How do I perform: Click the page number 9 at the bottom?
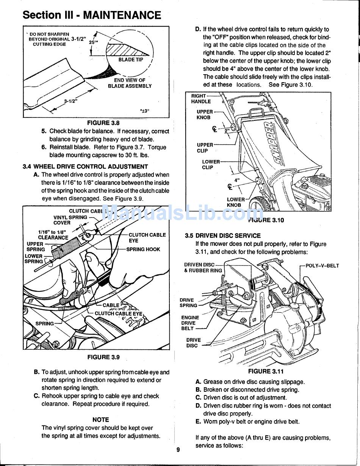point(178,450)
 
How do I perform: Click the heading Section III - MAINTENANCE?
point(92,15)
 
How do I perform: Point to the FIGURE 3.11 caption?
point(266,371)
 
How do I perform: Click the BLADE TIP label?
point(131,60)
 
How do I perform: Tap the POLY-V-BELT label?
point(322,266)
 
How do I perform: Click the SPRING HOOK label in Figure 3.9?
point(143,249)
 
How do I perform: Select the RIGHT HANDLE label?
point(200,99)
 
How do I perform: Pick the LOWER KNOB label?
point(235,202)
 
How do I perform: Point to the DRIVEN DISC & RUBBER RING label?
point(203,267)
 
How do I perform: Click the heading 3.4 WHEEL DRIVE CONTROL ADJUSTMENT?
point(85,166)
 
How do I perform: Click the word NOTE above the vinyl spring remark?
point(100,420)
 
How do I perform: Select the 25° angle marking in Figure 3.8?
point(93,42)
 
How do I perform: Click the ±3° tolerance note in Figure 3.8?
point(145,111)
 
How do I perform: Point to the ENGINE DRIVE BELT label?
point(190,323)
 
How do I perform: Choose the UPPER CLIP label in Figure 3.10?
point(205,148)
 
